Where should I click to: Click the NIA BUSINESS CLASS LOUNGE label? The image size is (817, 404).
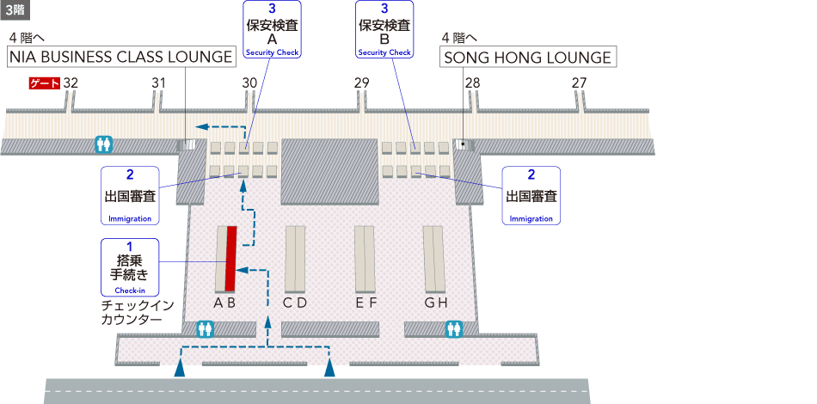pyautogui.click(x=121, y=57)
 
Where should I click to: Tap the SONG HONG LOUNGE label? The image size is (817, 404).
pyautogui.click(x=528, y=57)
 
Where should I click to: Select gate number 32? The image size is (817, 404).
pyautogui.click(x=71, y=83)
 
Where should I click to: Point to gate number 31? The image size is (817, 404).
pyautogui.click(x=158, y=83)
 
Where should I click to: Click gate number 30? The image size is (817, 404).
pyautogui.click(x=249, y=83)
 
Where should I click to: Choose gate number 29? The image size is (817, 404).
pyautogui.click(x=361, y=83)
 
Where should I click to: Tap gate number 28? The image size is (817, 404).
pyautogui.click(x=472, y=83)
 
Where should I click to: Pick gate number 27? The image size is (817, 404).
pyautogui.click(x=579, y=83)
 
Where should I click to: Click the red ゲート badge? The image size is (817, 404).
pyautogui.click(x=45, y=83)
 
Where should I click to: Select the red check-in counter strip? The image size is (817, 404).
pyautogui.click(x=230, y=258)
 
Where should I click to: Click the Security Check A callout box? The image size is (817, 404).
pyautogui.click(x=271, y=30)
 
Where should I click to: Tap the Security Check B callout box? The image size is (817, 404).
pyautogui.click(x=384, y=30)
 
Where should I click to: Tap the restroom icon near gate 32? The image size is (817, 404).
pyautogui.click(x=103, y=144)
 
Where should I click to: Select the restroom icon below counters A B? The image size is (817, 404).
pyautogui.click(x=205, y=328)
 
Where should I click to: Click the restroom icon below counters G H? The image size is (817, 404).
pyautogui.click(x=453, y=328)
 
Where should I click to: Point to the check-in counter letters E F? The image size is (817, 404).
pyautogui.click(x=366, y=303)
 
